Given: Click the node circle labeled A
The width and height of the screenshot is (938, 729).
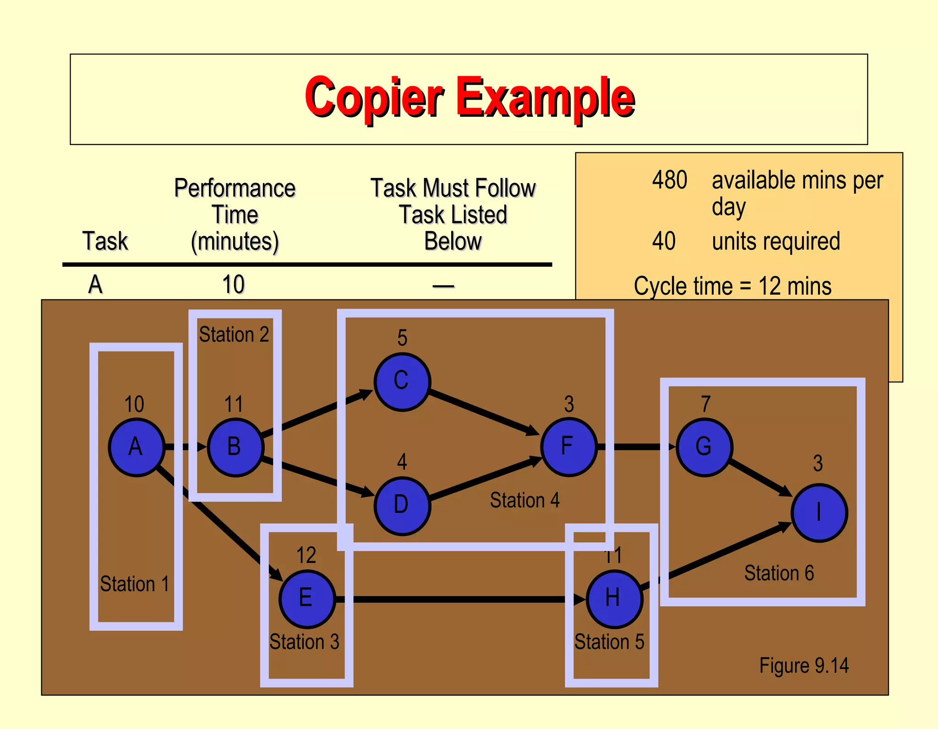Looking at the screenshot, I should (136, 447).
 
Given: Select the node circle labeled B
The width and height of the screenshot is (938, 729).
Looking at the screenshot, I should (235, 447).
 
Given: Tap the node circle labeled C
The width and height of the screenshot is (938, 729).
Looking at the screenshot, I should (402, 382).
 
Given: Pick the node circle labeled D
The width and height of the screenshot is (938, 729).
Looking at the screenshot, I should (402, 505).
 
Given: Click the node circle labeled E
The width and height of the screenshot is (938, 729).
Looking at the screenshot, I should (306, 599).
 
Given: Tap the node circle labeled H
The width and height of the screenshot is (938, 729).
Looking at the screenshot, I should (614, 599).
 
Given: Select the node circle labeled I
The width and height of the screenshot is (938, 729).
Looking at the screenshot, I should (819, 513).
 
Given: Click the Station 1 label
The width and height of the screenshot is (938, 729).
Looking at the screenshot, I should (135, 584).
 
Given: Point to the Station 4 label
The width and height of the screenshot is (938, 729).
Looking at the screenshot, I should (525, 500).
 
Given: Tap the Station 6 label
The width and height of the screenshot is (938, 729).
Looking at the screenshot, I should (779, 573).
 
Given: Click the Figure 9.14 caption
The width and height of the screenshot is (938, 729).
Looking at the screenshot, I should (804, 665).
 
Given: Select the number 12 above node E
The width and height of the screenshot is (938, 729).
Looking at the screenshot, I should (306, 555).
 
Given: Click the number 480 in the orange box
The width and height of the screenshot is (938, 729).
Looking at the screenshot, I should (670, 180).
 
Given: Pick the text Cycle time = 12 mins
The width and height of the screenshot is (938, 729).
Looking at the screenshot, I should (732, 286).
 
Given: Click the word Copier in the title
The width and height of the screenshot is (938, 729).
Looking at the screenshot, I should (374, 97).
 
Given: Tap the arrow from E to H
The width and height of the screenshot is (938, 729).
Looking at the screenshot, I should (458, 599).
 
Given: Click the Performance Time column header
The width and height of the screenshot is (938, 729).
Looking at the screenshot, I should (235, 214).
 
